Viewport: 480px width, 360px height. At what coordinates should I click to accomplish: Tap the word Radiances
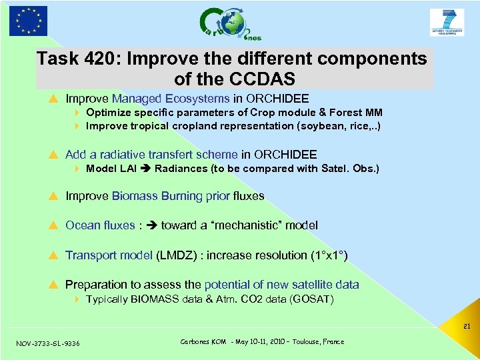point(181,169)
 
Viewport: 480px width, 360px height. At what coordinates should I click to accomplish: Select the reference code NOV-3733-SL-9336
point(48,343)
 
